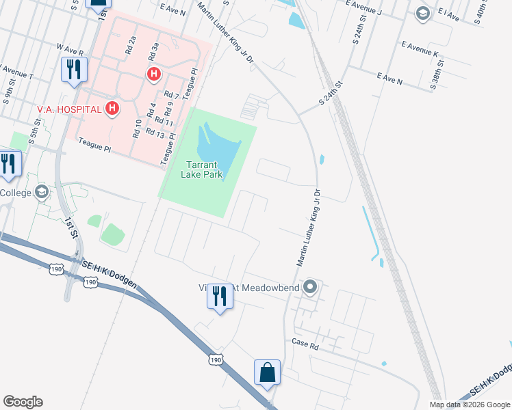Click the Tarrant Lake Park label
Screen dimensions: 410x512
(x=205, y=169)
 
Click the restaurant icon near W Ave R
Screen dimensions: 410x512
(x=73, y=70)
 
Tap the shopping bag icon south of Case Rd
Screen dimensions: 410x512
(x=267, y=373)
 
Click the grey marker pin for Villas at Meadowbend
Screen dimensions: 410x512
(x=309, y=287)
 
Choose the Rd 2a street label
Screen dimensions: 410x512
(x=131, y=46)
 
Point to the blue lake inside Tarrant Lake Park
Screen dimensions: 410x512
(x=215, y=143)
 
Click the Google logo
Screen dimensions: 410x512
(x=23, y=402)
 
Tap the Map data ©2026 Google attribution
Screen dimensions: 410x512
(x=470, y=405)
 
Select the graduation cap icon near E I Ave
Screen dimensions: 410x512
(x=423, y=13)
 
